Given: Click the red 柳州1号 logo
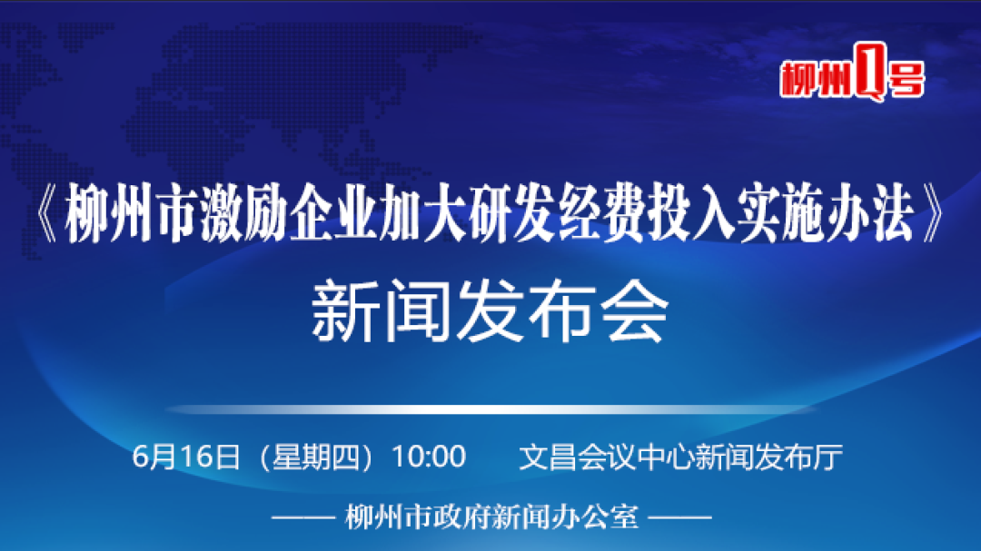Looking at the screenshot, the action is (x=852, y=73).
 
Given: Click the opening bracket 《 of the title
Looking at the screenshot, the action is (x=47, y=213).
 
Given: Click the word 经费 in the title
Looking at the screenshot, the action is (x=601, y=213).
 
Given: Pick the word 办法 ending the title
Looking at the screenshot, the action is (x=870, y=213).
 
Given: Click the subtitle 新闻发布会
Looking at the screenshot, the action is (x=490, y=311).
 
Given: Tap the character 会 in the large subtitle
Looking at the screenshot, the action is (x=635, y=311).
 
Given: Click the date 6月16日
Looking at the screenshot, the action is (x=186, y=457).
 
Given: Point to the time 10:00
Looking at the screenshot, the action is (x=429, y=457).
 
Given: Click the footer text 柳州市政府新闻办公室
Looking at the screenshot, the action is (x=491, y=517).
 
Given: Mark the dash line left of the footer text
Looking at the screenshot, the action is (x=303, y=517).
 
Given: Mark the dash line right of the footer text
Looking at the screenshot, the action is (x=680, y=517).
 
